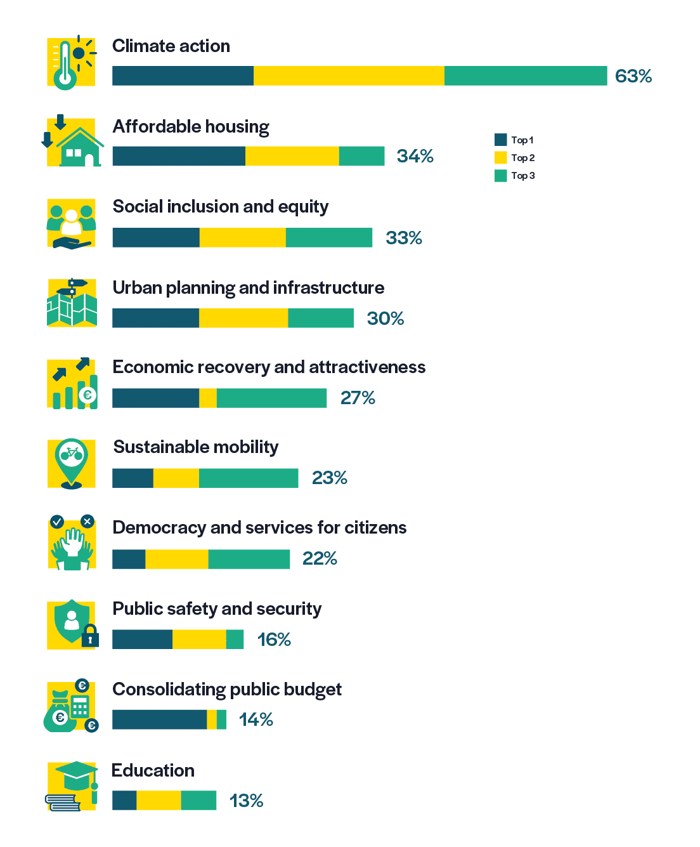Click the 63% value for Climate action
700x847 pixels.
pos(633,76)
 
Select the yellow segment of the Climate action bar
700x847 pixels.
pos(349,76)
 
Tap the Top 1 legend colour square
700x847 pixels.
pos(501,140)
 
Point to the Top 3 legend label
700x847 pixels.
pos(523,176)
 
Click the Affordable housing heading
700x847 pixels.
pos(191,127)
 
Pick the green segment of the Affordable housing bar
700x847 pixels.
pos(361,156)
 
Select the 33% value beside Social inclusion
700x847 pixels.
pos(403,238)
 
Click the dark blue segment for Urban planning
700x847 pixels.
pos(155,318)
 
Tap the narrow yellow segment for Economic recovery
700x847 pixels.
pos(208,398)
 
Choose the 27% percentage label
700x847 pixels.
pos(358,398)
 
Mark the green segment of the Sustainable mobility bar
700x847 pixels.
pos(249,478)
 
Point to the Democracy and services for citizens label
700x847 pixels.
pos(259,528)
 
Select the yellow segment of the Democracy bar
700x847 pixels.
pos(177,559)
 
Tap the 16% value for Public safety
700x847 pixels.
pos(274,640)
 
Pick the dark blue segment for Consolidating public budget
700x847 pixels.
pos(159,719)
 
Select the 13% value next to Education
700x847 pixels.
pos(246,801)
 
